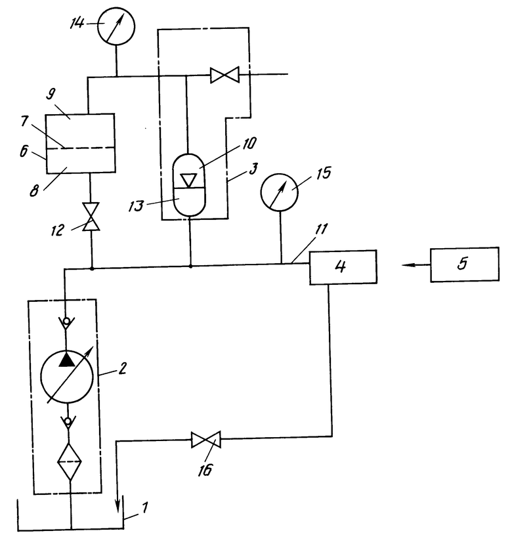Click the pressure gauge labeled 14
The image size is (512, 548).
(116, 26)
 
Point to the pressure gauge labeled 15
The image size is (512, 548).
(279, 192)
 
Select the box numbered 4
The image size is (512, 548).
(343, 267)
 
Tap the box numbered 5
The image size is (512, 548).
(465, 264)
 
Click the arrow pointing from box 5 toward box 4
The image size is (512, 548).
(416, 265)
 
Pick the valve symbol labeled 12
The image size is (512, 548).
(91, 217)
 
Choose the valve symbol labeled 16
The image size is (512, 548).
(206, 440)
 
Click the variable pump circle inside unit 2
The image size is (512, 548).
(67, 377)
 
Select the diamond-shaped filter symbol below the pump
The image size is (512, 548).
(70, 462)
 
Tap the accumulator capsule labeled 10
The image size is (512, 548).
(189, 185)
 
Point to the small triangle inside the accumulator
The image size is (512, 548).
(189, 180)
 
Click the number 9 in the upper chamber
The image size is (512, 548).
(51, 95)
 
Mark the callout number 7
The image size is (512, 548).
(24, 121)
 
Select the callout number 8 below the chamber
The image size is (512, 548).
(34, 191)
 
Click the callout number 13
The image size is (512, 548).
(136, 206)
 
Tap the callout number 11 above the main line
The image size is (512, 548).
(322, 229)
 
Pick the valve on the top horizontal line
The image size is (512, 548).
(224, 75)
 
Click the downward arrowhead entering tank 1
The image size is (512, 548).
(117, 505)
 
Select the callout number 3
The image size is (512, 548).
(254, 169)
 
